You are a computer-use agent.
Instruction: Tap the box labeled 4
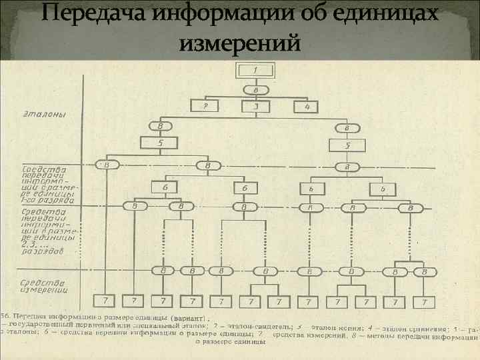coord(307,106)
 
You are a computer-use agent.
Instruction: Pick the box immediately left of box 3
coord(206,106)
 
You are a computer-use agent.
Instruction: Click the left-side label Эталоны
coord(44,114)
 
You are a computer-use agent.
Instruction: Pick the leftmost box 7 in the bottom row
coord(105,302)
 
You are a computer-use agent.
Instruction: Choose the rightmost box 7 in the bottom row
coord(420,302)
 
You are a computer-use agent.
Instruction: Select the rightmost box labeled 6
coord(383,189)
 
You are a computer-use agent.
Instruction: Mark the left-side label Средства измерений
coord(45,286)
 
